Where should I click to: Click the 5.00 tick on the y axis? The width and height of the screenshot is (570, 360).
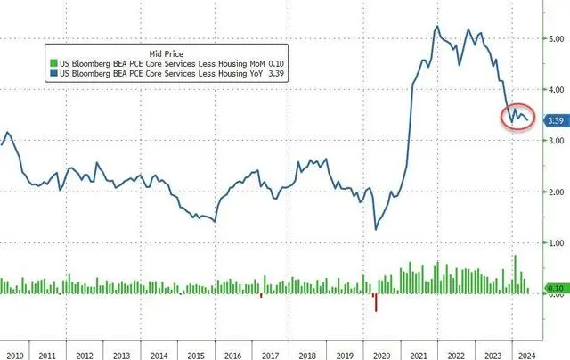click(553, 39)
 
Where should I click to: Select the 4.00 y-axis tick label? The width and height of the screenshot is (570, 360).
click(553, 90)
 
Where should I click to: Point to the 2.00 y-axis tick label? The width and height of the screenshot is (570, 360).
click(553, 192)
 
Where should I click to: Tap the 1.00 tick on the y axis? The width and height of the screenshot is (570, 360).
click(553, 243)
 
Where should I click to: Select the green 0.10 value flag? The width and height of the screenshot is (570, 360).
click(553, 289)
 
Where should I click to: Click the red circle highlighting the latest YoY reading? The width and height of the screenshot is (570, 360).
click(518, 116)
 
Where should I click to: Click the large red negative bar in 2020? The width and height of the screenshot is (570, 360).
click(376, 302)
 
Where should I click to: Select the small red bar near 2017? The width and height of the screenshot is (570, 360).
click(261, 295)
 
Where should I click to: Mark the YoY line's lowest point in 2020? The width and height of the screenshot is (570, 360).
click(376, 229)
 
